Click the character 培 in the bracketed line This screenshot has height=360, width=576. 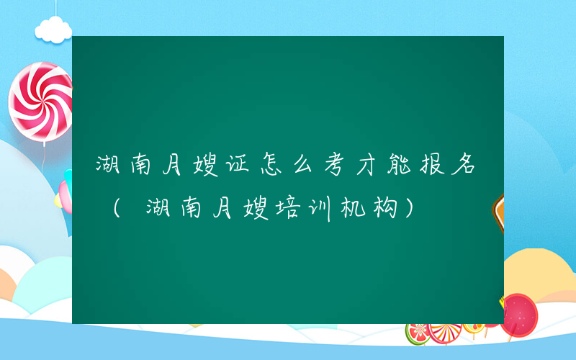293,208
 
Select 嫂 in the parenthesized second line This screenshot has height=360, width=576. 256,208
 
